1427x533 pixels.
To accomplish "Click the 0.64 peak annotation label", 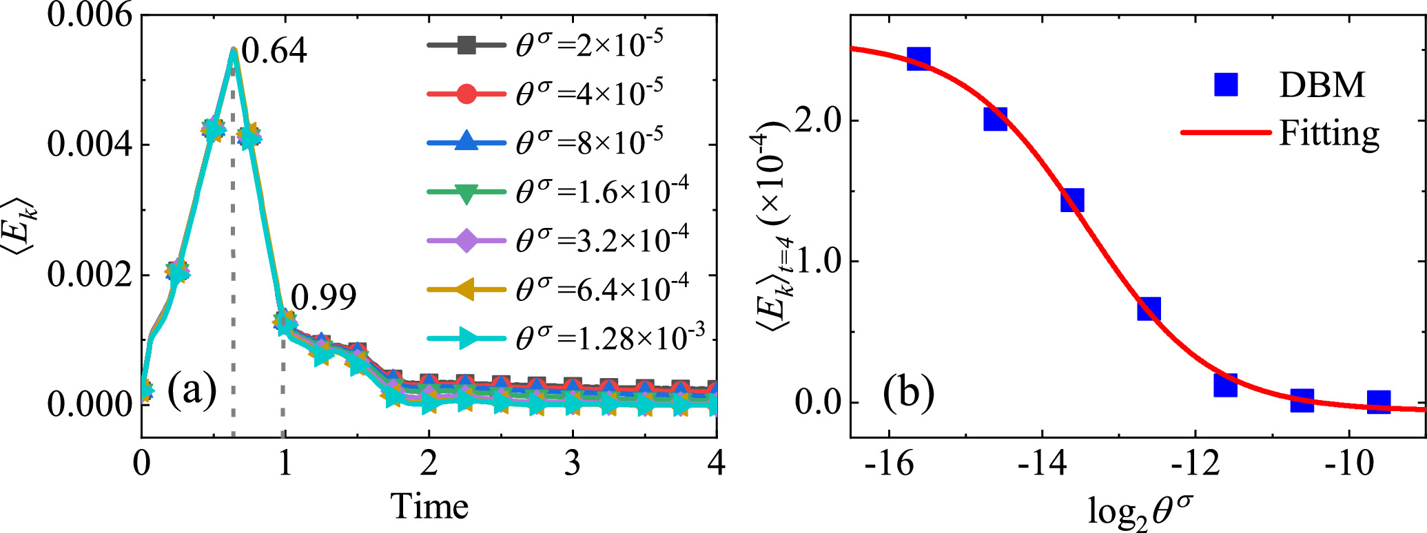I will [274, 51].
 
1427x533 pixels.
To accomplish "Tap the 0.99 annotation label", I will [323, 297].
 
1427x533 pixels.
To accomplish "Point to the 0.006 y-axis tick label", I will [89, 15].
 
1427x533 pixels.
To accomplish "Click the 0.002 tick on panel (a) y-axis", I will [89, 275].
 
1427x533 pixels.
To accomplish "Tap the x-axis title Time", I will [430, 507].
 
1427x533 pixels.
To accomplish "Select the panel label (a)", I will [192, 390].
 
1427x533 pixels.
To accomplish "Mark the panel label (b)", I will [909, 393].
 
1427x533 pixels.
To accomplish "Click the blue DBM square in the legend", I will [1226, 84].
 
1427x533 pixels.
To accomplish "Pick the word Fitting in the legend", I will [1329, 133].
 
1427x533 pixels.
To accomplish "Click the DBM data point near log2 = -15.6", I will [918, 58].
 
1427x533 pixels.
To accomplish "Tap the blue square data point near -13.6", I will [1072, 200].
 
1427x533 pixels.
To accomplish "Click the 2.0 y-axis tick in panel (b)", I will [817, 121].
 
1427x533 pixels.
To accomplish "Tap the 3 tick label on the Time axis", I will [573, 463].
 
